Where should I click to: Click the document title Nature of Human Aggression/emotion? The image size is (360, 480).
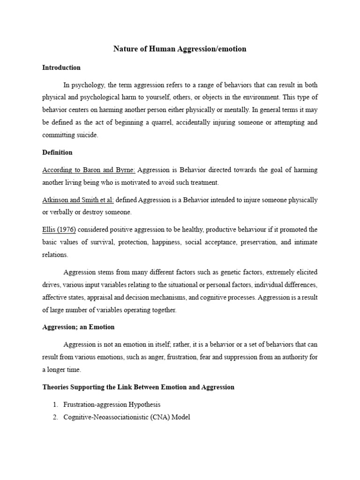click(x=180, y=49)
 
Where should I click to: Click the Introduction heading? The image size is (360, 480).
click(x=61, y=67)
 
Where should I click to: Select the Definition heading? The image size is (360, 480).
click(x=57, y=152)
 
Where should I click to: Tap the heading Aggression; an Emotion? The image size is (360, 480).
click(x=78, y=327)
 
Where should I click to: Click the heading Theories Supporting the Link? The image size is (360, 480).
click(x=138, y=387)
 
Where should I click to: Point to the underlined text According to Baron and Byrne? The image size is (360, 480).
click(x=89, y=170)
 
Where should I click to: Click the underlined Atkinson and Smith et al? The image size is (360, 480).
click(x=78, y=200)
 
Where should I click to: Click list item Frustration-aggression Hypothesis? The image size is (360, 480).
click(x=112, y=404)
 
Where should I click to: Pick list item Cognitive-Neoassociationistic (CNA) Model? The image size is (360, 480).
click(x=127, y=417)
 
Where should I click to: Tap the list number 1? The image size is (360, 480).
click(x=55, y=404)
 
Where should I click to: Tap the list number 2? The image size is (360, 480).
click(x=55, y=417)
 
